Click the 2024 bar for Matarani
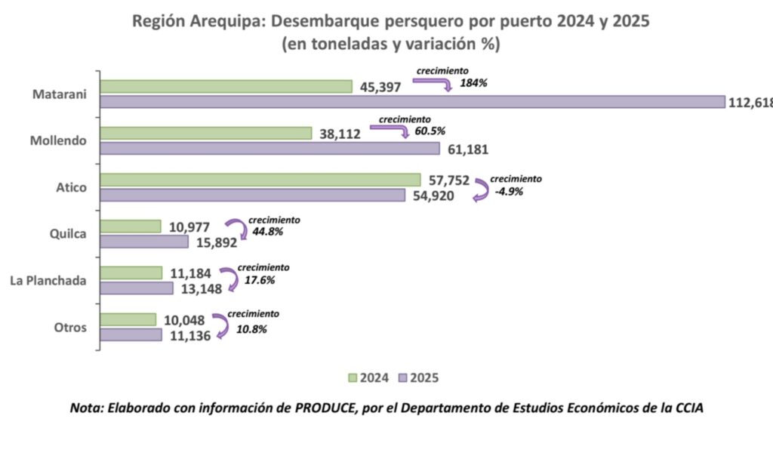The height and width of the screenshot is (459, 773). point(226,86)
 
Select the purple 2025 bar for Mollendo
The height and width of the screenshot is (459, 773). point(269,149)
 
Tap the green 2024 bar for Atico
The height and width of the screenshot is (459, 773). point(260,180)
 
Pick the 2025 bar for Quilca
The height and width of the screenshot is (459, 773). point(144,242)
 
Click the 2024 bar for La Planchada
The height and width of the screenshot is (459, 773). point(131,273)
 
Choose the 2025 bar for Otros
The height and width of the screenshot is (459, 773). point(131,334)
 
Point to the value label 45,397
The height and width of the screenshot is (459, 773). point(380,87)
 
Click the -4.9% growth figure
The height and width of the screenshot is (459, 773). point(507,192)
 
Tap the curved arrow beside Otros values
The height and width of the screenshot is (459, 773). point(221,326)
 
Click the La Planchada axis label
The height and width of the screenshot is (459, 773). point(48,281)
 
